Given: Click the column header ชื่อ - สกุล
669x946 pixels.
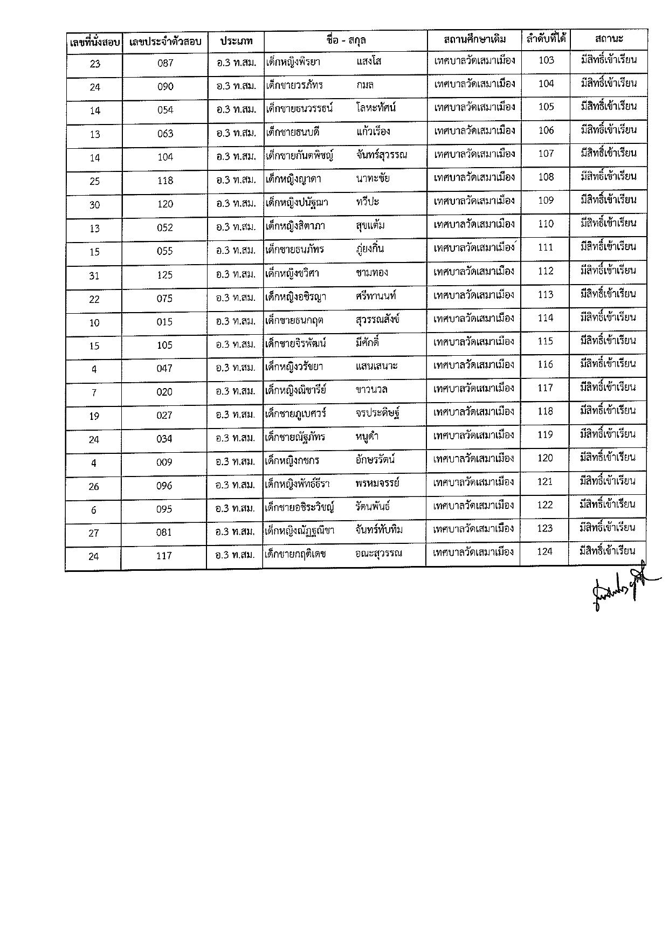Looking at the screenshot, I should coord(346,40).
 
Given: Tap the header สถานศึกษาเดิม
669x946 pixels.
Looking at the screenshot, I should coord(474,39).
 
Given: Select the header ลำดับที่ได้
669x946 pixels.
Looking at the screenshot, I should coord(546,39).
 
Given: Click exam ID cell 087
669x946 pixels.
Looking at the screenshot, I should coord(165,63).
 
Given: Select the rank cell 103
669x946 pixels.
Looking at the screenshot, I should coord(546,60).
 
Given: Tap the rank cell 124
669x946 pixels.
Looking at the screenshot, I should coord(545,551).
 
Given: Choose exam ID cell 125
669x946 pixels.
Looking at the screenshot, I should coord(165,275).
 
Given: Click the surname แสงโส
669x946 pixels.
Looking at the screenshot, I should coord(369,61).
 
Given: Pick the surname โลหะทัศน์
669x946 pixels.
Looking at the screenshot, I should coord(376,108).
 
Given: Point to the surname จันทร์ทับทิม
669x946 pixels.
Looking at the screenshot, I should coord(379,530).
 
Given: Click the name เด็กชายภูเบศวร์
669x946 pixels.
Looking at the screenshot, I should coord(296,413).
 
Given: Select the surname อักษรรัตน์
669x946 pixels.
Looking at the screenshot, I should coord(375,460).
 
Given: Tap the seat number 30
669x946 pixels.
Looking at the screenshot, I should coord(95,205).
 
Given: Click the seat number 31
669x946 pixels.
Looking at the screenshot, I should coord(94,275).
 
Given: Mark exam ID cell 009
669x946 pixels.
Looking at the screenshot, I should coord(164,462).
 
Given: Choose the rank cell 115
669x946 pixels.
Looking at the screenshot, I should coord(546,341).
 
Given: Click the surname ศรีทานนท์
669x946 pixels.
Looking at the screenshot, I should coord(376,296).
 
